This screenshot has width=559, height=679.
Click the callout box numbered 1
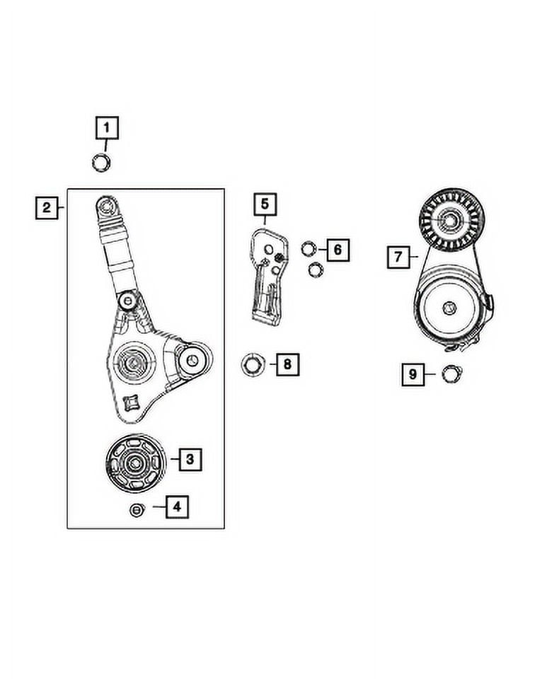pos(107,129)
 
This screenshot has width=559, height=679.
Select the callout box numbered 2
pos(46,208)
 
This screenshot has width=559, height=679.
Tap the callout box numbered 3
pos(190,460)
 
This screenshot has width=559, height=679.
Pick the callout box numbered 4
pos(177,506)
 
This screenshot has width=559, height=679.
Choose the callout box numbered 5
pos(264,205)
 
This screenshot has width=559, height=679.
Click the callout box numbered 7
pos(398,257)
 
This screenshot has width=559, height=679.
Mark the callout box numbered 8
pos(287,365)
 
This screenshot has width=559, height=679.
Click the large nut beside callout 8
pos(252,365)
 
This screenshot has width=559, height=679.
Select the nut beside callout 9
pos(448,373)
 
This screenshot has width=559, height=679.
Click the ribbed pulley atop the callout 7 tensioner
pos(447,220)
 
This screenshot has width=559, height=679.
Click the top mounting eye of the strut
pos(106,207)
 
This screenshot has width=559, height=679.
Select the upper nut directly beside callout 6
pos(309,248)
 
